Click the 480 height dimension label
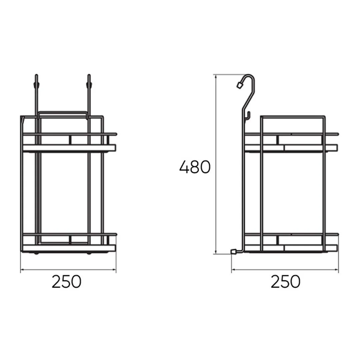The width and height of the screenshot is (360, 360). [195, 167]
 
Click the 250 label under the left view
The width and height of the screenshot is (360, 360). [66, 282]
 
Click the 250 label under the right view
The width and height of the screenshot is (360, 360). [285, 282]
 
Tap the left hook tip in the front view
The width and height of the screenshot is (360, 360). [36, 76]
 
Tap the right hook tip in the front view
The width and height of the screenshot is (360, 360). [89, 76]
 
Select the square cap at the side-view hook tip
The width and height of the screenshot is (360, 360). [240, 85]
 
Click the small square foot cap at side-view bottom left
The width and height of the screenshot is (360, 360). [233, 252]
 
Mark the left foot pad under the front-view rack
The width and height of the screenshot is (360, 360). [36, 253]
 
